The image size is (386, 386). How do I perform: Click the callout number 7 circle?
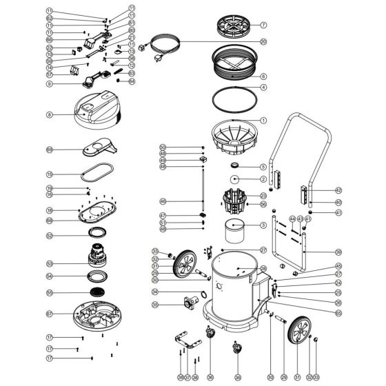[x=263, y=25]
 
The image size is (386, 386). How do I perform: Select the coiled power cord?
[x=161, y=44]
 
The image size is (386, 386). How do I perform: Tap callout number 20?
[x=263, y=41]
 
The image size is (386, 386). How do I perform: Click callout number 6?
[x=263, y=76]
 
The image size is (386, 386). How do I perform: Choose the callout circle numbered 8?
[x=50, y=114]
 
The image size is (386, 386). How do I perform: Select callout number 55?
[x=50, y=293]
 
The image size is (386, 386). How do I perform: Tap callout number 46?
[x=163, y=201]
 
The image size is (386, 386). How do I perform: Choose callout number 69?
[x=50, y=150]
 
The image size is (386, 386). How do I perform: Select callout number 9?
[x=50, y=84]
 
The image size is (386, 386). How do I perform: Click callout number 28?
[x=263, y=268]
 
